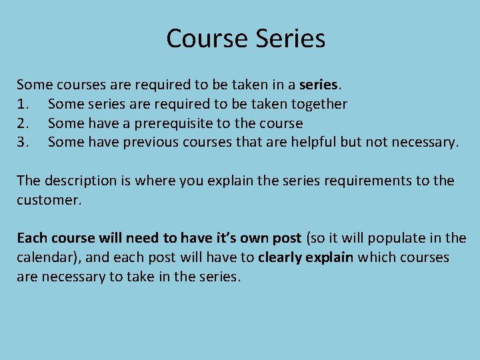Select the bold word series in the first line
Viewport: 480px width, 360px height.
[x=319, y=85]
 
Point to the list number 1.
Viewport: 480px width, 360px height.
[x=22, y=105]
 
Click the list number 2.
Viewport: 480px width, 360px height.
[x=22, y=124]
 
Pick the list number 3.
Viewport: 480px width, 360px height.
[x=22, y=143]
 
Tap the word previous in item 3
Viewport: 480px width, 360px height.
[x=133, y=143]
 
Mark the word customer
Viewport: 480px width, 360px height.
[x=48, y=200]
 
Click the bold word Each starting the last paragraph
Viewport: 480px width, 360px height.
[x=31, y=239]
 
